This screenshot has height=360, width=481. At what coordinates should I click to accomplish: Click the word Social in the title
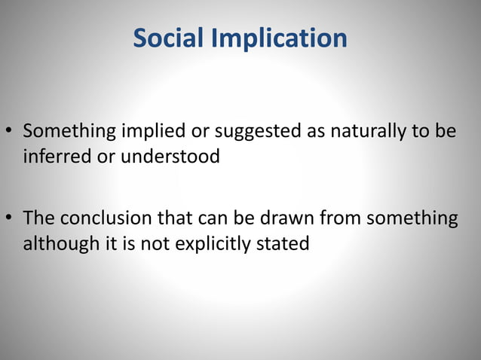tap(168, 38)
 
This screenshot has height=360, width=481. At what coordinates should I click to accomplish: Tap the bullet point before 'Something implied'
tap(11, 133)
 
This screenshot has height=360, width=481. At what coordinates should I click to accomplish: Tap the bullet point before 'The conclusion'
tap(11, 219)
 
